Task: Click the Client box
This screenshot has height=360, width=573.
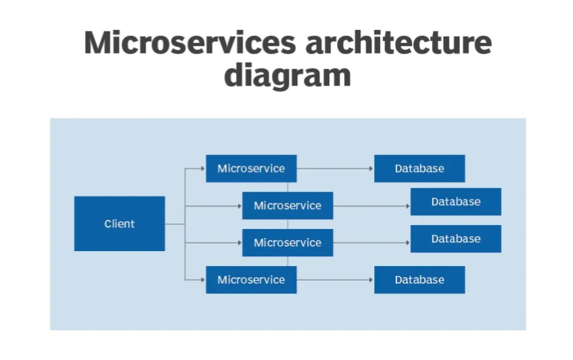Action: (x=119, y=224)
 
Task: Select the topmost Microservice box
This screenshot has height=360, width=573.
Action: (x=251, y=168)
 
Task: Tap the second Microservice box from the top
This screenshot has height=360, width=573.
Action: (x=287, y=205)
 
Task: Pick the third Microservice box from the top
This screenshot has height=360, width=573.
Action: (x=287, y=243)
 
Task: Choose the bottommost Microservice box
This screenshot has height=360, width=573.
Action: (x=251, y=280)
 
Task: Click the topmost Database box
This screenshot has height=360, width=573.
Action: (x=419, y=168)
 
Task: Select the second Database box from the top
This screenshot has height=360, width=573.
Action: (x=456, y=202)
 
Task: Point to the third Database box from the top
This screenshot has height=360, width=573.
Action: (x=456, y=239)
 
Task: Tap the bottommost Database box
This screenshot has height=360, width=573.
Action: (x=419, y=280)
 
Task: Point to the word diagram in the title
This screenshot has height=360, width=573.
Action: (x=287, y=75)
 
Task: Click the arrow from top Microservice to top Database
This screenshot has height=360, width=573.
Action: (x=335, y=168)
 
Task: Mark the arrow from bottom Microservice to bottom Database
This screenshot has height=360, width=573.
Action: (x=335, y=280)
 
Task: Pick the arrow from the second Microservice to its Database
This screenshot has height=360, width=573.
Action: (x=372, y=205)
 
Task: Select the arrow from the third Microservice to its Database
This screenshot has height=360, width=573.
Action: (x=372, y=243)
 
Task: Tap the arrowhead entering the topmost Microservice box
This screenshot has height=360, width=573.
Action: (x=203, y=168)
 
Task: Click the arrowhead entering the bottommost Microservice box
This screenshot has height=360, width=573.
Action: (x=203, y=280)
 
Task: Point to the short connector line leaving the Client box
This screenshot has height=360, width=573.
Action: (x=175, y=224)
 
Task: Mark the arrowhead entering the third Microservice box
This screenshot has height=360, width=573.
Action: (x=239, y=243)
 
